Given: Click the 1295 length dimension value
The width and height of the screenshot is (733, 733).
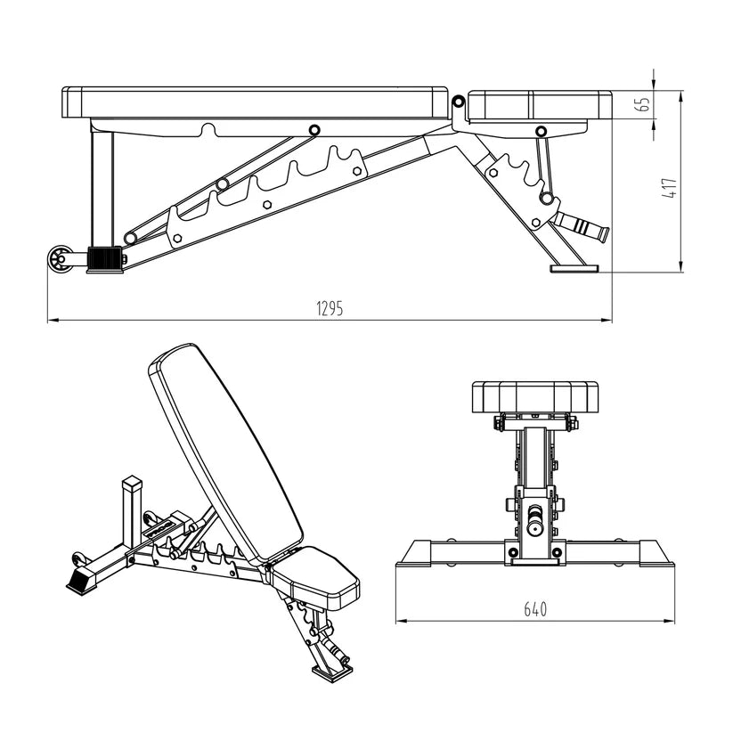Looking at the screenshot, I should (x=329, y=309).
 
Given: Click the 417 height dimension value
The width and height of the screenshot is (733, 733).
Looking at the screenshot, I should (x=670, y=188).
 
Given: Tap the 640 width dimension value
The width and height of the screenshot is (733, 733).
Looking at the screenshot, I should (x=534, y=610).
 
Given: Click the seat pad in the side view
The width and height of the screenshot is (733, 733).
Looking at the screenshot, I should (x=539, y=105).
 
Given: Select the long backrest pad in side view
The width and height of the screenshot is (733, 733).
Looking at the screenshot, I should (x=254, y=102).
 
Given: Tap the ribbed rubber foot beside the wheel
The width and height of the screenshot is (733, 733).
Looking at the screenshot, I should (x=105, y=259).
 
